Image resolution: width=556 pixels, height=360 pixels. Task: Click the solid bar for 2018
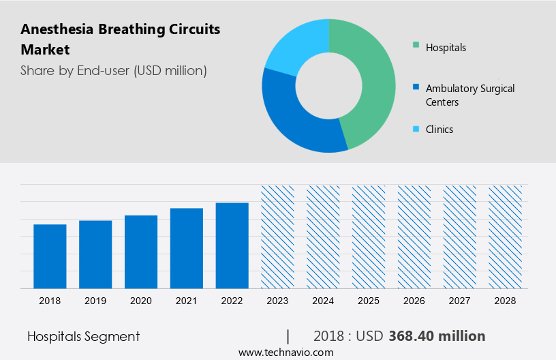click(x=50, y=256)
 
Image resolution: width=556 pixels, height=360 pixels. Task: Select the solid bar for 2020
click(x=141, y=252)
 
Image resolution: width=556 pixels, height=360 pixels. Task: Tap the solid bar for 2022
click(x=232, y=245)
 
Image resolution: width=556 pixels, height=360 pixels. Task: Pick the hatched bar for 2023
click(x=277, y=237)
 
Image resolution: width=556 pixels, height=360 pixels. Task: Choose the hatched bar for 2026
click(x=414, y=237)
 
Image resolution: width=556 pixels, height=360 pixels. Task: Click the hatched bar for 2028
click(x=505, y=237)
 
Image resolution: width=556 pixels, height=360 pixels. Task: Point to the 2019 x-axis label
click(x=95, y=300)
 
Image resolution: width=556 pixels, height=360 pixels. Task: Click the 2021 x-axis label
click(x=186, y=300)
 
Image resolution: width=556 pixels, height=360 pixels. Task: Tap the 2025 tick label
click(x=369, y=300)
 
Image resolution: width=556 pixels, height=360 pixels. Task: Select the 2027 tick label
click(x=460, y=300)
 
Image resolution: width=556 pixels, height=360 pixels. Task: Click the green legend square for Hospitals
click(x=416, y=47)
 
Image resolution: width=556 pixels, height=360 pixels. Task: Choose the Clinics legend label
click(x=439, y=130)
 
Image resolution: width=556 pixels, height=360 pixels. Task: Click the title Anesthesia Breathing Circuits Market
click(x=120, y=40)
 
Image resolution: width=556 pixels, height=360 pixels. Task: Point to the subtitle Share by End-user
click(x=113, y=70)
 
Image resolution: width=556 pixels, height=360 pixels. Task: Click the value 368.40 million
click(x=437, y=336)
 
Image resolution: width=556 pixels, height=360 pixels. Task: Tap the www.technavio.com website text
click(x=286, y=352)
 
